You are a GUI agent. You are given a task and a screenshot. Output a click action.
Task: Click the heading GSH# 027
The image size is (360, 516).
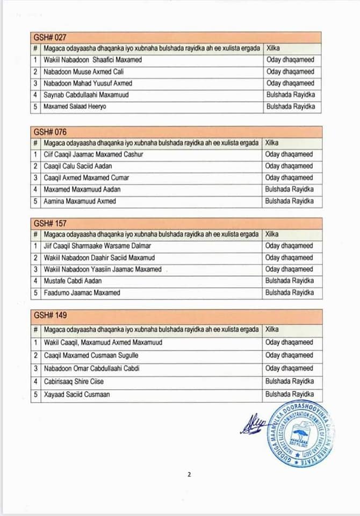(x=50, y=37)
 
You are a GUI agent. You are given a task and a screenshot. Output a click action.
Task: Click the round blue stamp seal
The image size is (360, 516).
(x=301, y=434)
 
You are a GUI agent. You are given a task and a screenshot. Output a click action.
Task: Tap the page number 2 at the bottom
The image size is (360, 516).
(x=190, y=475)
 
